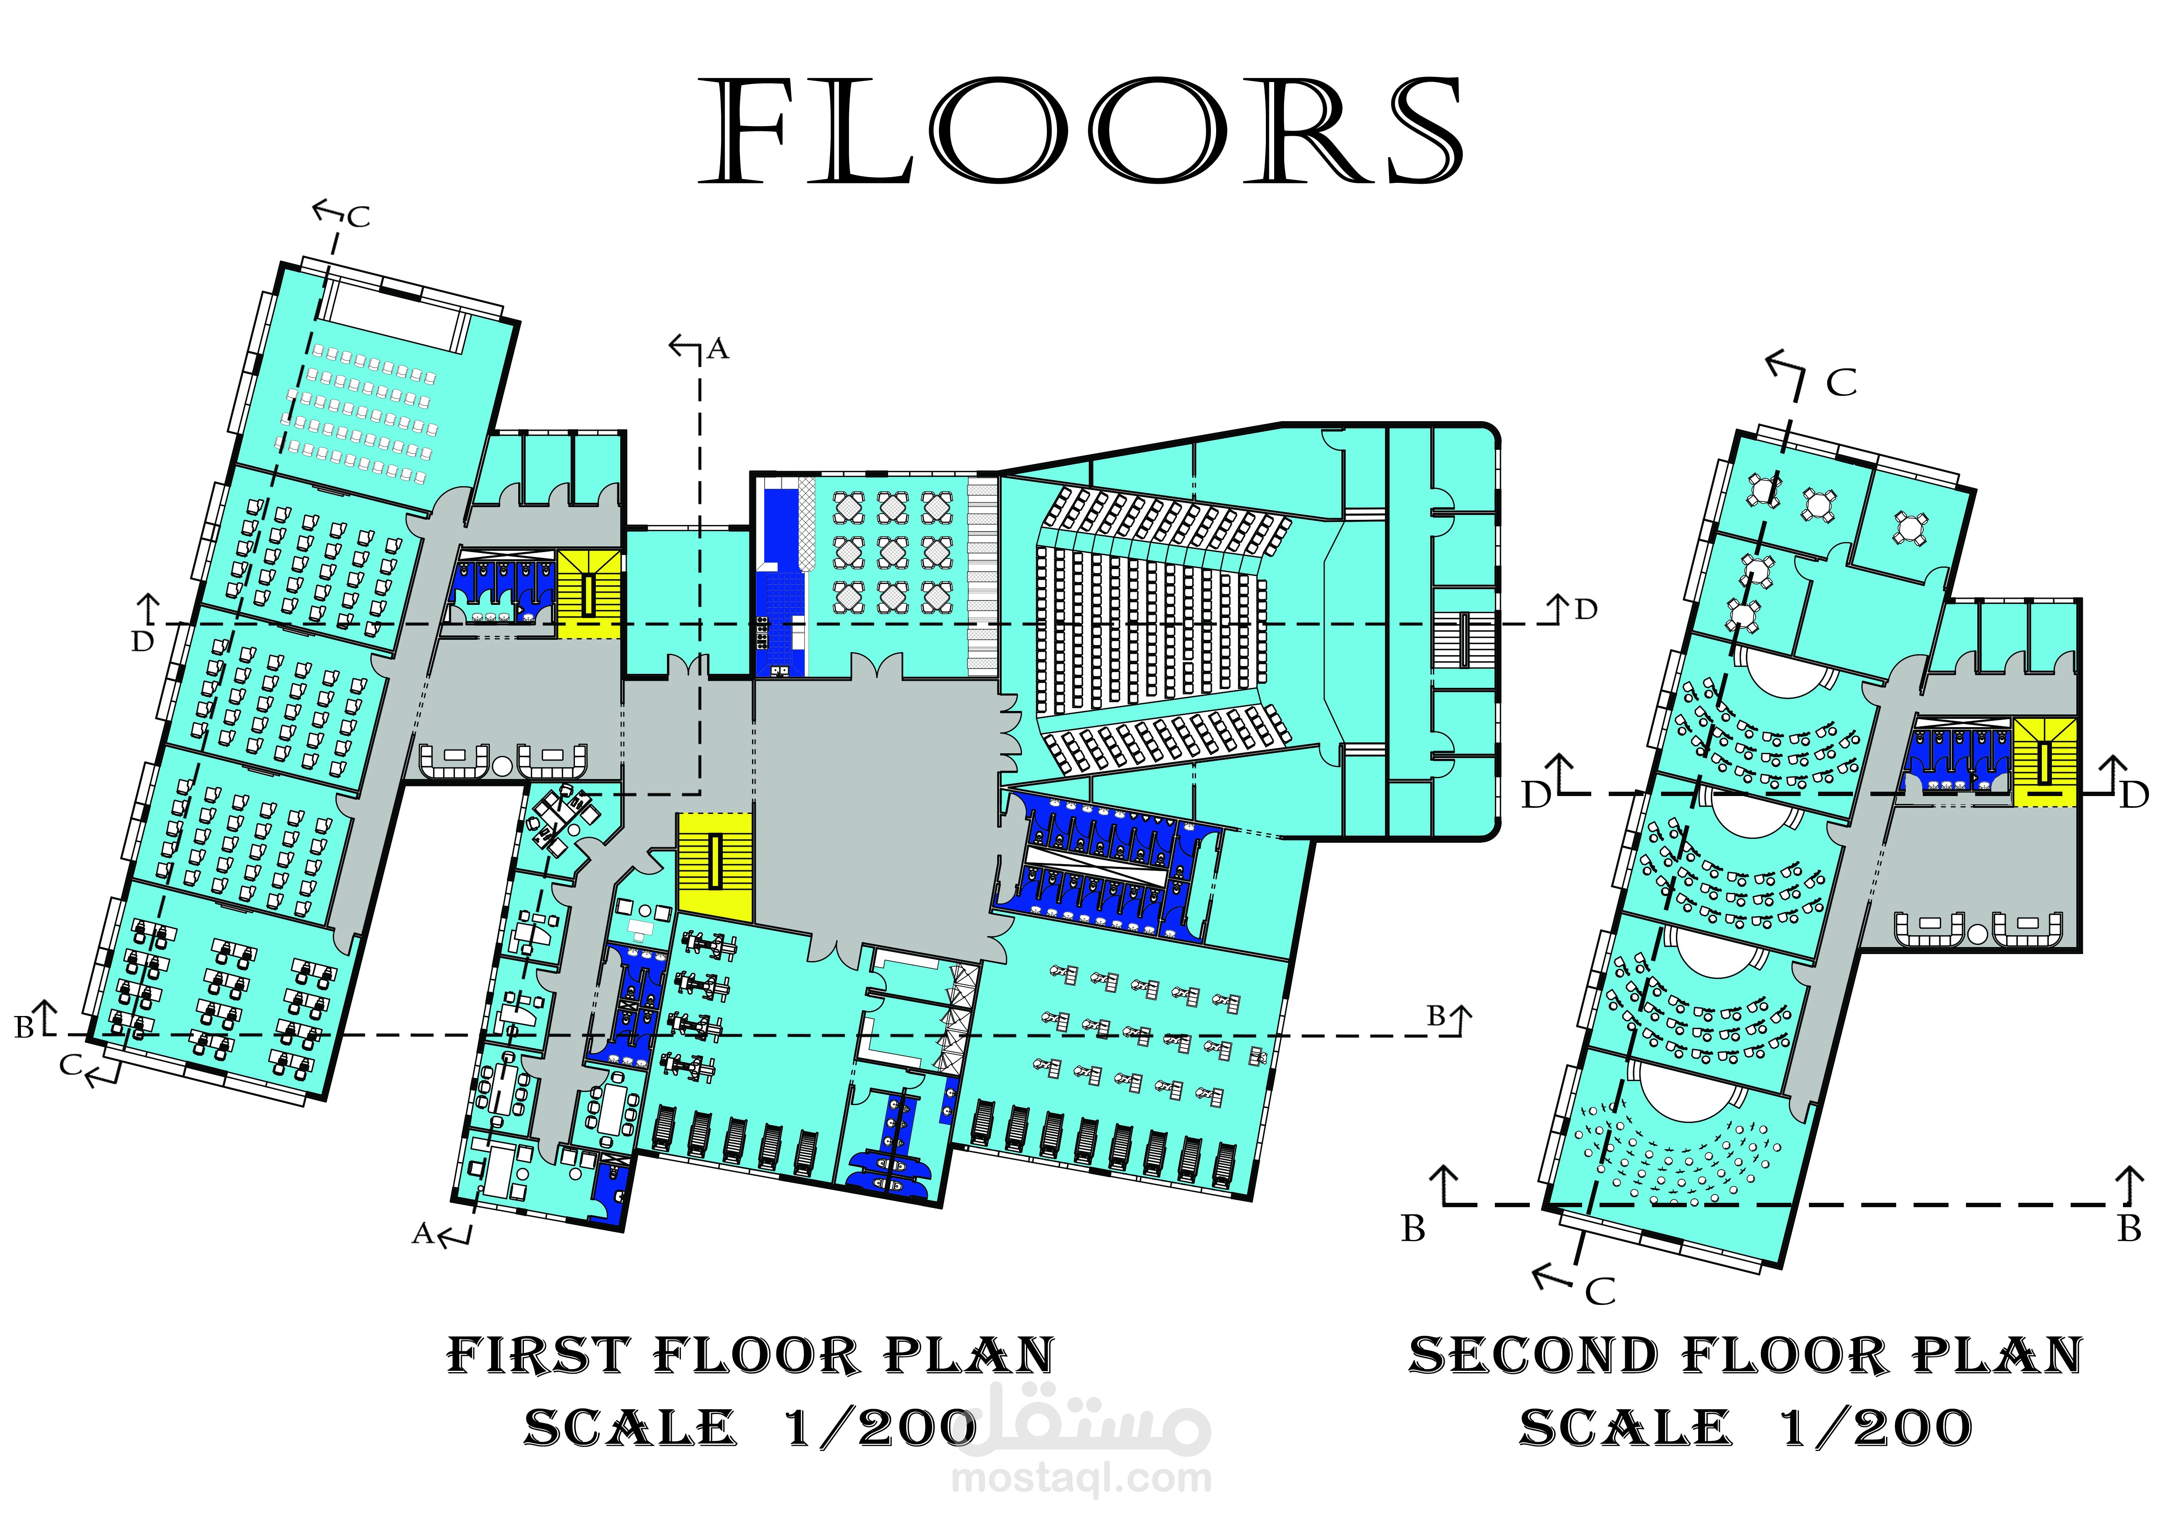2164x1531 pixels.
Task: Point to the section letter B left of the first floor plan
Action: pos(24,1028)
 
